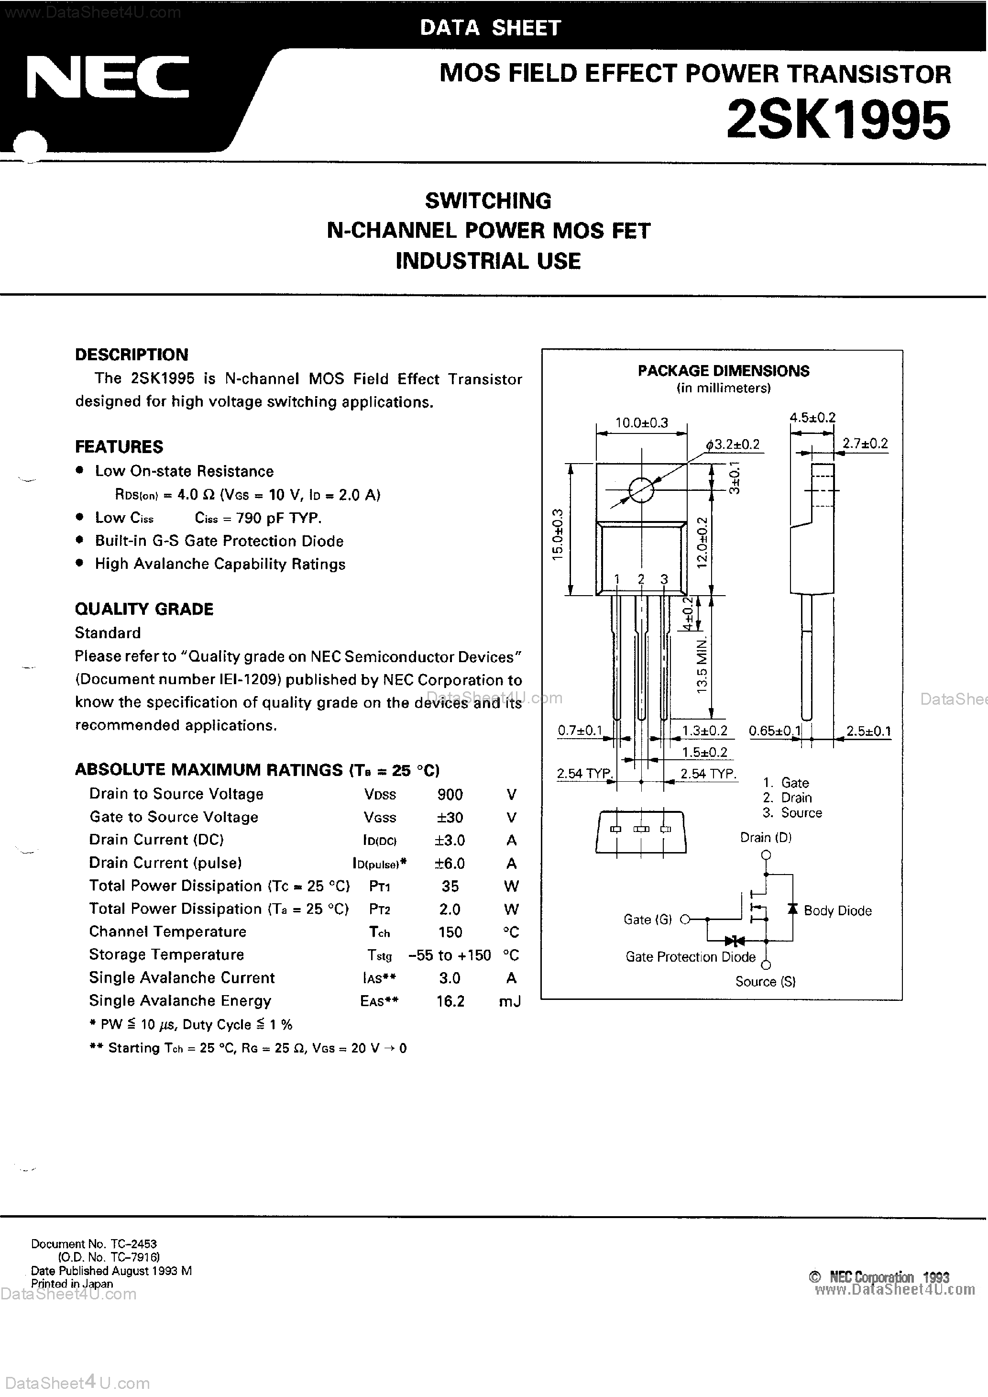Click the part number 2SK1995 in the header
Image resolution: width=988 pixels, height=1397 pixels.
pos(838,121)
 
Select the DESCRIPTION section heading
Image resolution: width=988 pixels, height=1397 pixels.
pos(132,355)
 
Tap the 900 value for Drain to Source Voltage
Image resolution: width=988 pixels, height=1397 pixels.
pos(450,795)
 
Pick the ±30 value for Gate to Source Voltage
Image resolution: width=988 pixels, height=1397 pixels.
pos(450,818)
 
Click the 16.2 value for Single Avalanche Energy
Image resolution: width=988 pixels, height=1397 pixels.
pos(450,1001)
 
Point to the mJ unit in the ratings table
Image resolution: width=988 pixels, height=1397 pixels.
pos(509,1001)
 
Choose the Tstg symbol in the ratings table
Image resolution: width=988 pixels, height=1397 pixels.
pos(380,955)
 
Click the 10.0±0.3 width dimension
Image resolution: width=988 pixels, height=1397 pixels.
pos(641,423)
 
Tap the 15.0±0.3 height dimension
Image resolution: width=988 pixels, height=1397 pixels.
pos(557,534)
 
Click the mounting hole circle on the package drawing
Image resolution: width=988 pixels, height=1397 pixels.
pos(641,490)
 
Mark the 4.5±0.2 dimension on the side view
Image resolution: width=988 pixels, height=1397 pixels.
pos(812,417)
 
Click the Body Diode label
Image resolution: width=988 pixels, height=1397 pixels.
pos(837,911)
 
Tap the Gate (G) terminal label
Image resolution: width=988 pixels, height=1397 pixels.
pos(648,920)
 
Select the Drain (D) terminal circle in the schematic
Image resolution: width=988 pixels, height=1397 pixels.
pos(766,855)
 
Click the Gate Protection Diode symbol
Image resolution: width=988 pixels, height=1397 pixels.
pos(735,941)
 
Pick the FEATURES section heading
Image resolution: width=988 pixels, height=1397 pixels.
pos(119,447)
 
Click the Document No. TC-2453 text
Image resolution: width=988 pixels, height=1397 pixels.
pos(94,1244)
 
